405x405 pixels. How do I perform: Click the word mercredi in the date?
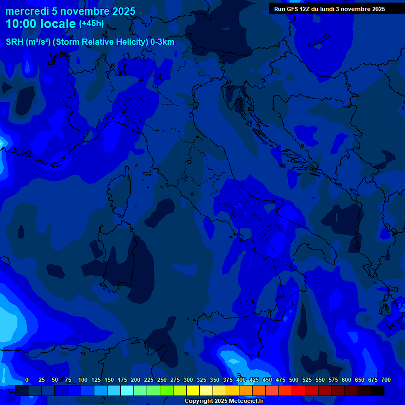click(27, 11)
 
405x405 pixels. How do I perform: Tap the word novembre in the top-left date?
click(83, 11)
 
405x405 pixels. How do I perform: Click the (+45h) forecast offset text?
click(91, 24)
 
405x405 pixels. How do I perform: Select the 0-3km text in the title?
click(162, 42)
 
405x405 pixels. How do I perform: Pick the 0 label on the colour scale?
click(27, 380)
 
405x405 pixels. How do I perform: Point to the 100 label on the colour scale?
click(83, 380)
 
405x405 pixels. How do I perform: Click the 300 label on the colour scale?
click(188, 380)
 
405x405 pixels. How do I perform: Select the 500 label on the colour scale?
click(294, 380)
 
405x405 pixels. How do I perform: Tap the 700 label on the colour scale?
click(386, 380)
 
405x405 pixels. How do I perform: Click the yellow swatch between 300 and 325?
click(193, 391)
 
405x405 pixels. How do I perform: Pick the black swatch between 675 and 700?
click(378, 391)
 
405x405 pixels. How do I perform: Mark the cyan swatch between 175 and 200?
click(127, 391)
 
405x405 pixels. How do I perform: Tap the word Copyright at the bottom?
click(197, 401)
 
